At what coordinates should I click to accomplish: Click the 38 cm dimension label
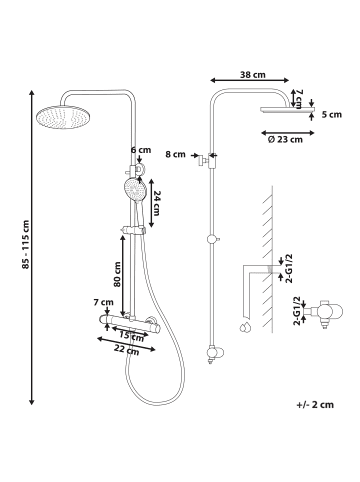pyautogui.click(x=253, y=74)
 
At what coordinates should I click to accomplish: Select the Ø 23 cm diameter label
pyautogui.click(x=285, y=139)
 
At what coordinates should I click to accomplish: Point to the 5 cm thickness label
pyautogui.click(x=332, y=115)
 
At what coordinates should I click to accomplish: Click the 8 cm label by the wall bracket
pyautogui.click(x=175, y=154)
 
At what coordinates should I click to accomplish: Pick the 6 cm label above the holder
pyautogui.click(x=141, y=150)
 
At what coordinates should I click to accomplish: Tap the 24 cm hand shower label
pyautogui.click(x=156, y=203)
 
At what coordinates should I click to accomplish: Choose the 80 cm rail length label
pyautogui.click(x=117, y=274)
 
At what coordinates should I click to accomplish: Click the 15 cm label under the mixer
pyautogui.click(x=131, y=335)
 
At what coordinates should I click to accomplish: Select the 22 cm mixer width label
pyautogui.click(x=126, y=349)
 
